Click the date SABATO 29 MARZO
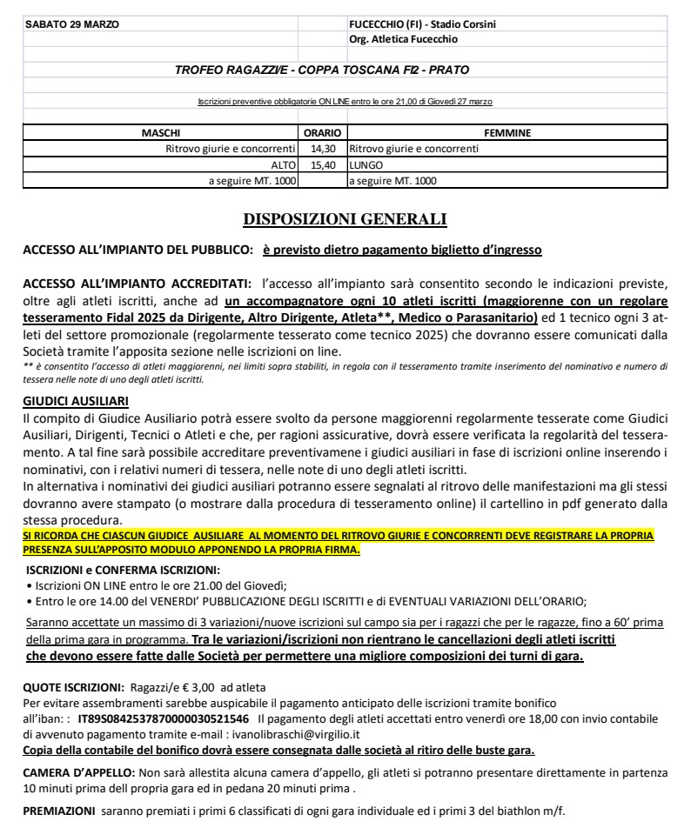(x=63, y=23)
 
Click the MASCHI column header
(x=161, y=133)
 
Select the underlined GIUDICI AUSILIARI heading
(x=79, y=401)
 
